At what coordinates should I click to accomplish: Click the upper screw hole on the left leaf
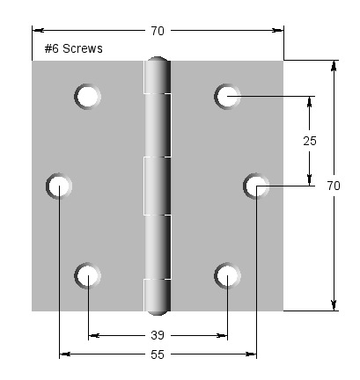pos(88,96)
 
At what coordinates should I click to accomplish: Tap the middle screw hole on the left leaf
pos(59,185)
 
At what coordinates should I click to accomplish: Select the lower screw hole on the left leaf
pos(88,276)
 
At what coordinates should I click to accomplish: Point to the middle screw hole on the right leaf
pos(257,185)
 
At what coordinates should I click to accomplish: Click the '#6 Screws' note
pos(74,49)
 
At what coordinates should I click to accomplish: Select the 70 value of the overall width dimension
pos(158,31)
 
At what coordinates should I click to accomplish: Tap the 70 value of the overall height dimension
pos(334,186)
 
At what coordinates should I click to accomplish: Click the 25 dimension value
pos(309,141)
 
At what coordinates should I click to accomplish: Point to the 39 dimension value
pos(158,335)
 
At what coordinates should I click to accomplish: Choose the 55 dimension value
pos(158,354)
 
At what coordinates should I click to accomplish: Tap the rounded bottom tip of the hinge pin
pos(158,311)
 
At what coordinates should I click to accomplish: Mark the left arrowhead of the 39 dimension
pos(93,335)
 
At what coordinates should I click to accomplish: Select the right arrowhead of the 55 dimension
pos(252,354)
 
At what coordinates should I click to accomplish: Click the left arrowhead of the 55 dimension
pos(64,354)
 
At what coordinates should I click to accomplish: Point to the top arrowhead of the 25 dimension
pos(309,100)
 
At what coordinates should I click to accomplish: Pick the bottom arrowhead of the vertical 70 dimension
pos(334,305)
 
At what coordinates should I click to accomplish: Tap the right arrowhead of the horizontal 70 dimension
pos(278,31)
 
